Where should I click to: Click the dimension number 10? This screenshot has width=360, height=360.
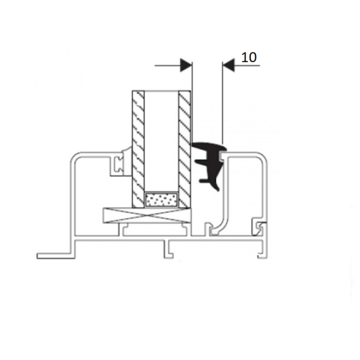[x=249, y=58]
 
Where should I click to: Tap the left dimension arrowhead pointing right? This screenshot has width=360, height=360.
[x=186, y=65]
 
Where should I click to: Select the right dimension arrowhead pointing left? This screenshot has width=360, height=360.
[x=228, y=65]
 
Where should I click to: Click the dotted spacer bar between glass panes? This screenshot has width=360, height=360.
[x=162, y=200]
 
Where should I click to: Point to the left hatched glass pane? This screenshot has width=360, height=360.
[x=138, y=149]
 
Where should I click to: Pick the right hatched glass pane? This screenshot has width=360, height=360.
[x=185, y=149]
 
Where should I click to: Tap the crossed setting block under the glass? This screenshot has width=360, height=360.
[x=147, y=215]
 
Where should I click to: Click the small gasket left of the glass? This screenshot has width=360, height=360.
[x=121, y=162]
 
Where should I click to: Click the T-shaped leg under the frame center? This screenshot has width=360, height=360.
[x=168, y=249]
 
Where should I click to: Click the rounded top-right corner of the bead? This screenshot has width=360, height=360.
[x=263, y=156]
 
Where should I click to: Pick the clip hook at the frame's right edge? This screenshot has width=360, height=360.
[x=259, y=228]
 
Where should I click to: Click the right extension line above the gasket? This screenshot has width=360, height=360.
[x=223, y=102]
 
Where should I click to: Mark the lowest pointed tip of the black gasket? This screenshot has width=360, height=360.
[x=218, y=190]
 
